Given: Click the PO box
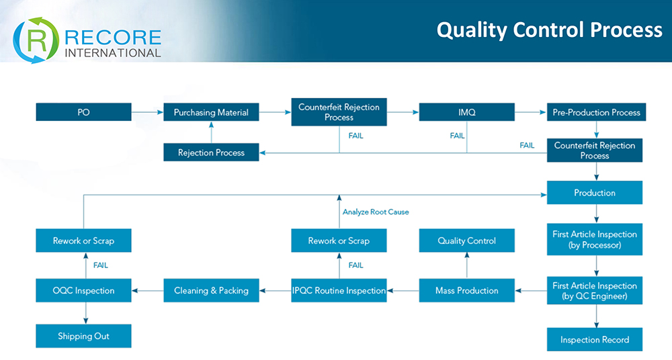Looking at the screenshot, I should (x=83, y=112).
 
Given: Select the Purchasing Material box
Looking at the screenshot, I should (x=211, y=112).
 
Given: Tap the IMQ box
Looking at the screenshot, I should (x=466, y=112).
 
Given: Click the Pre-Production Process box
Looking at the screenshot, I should (x=596, y=112).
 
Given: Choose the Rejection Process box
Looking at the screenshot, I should (x=211, y=152).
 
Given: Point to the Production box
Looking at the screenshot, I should (x=595, y=193).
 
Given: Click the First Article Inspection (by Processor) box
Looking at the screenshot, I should (x=595, y=240).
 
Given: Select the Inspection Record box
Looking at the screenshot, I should (x=595, y=340).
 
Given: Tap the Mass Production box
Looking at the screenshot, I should (x=466, y=291).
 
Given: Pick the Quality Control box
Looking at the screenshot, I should (x=466, y=240).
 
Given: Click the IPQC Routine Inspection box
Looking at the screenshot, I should (x=339, y=291).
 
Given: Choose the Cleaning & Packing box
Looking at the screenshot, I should (x=211, y=291).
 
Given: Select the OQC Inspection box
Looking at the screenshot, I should (x=83, y=291).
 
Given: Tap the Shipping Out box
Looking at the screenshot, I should (x=83, y=336).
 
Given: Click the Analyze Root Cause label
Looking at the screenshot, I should (x=376, y=212).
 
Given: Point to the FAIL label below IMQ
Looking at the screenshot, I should (x=457, y=136).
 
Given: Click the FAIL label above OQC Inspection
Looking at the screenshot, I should (x=101, y=265).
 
